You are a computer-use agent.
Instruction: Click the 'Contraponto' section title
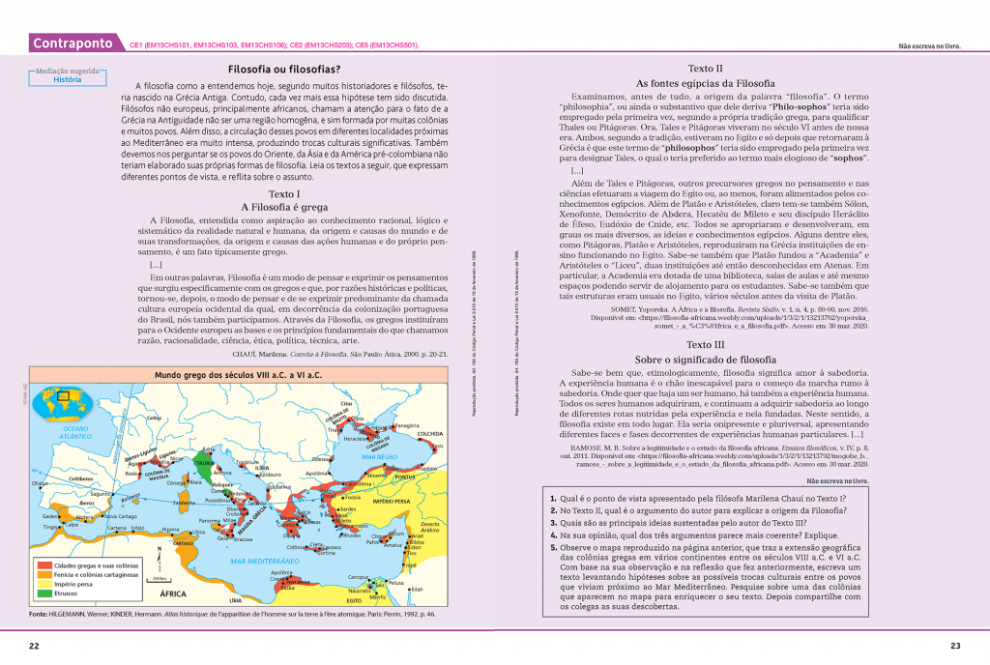pos(73,43)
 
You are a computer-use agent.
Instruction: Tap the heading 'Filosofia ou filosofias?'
pos(283,70)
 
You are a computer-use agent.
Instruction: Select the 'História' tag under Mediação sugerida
pos(67,80)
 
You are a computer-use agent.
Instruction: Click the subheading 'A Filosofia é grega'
pos(283,207)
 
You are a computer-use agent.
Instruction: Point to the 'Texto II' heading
pos(705,69)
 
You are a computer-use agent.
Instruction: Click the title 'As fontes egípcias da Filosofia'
pos(705,84)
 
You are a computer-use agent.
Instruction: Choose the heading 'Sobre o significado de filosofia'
pos(705,360)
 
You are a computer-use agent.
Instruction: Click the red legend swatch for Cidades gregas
pos(44,564)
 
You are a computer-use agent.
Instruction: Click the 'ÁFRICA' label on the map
pos(173,593)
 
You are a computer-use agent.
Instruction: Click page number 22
pos(33,646)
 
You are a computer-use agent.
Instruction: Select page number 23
pos(955,646)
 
